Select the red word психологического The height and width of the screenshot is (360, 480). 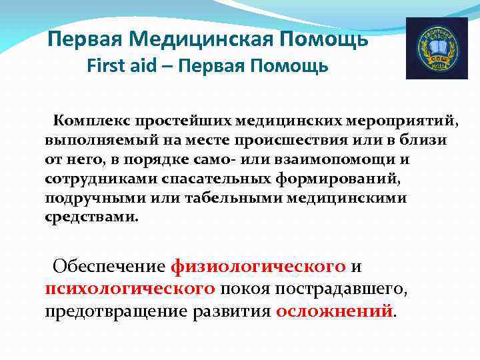click(130, 289)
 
